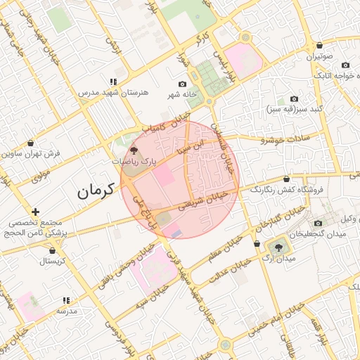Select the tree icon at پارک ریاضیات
click(134, 151)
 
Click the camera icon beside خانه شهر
click(183, 84)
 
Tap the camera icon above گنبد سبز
click(295, 99)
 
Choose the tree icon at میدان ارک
click(280, 247)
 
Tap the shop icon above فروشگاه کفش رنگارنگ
click(287, 179)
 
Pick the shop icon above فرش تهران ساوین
click(30, 143)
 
